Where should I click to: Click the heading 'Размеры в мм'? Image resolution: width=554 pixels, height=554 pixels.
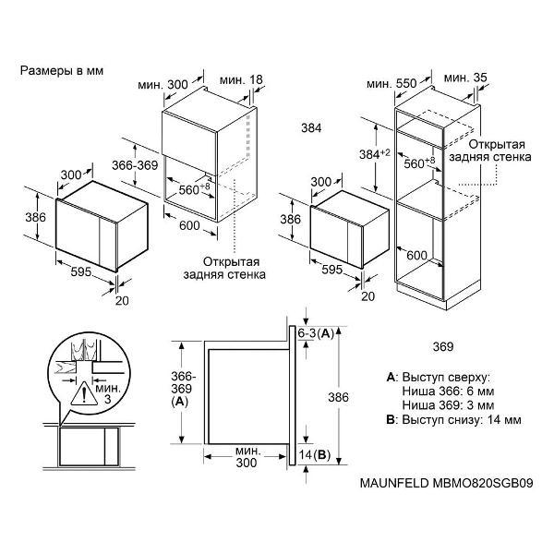point(62,71)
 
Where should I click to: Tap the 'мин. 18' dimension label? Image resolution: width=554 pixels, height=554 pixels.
point(241,79)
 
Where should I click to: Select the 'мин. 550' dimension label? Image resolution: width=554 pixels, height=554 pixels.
point(391,84)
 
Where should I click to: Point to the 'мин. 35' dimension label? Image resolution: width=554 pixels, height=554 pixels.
point(465,78)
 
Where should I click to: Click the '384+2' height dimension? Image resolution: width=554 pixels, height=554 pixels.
point(375,154)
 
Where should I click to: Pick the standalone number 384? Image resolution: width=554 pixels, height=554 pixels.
point(311,128)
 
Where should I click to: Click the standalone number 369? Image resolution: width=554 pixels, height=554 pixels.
point(443,346)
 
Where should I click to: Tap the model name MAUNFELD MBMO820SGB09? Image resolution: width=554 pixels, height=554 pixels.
point(446,483)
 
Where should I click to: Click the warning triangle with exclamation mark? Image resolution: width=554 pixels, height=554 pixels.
point(84,393)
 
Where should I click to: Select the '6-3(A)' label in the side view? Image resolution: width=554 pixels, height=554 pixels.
point(316,332)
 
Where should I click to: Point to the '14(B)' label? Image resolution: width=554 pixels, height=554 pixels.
point(315,454)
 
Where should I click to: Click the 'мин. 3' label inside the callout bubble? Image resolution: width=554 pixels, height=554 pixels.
point(108,394)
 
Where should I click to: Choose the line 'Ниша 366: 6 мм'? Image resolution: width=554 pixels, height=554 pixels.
point(448,391)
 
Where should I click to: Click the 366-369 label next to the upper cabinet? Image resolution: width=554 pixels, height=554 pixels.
point(135,165)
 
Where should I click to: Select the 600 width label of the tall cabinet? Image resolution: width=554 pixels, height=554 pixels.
point(417,255)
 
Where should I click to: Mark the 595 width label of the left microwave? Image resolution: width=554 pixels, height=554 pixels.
point(81,271)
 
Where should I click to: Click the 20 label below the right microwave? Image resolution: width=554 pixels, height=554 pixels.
point(367,296)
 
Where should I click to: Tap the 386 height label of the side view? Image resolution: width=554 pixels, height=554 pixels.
point(338,397)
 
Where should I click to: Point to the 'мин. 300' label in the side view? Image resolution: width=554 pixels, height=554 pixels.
point(247,456)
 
